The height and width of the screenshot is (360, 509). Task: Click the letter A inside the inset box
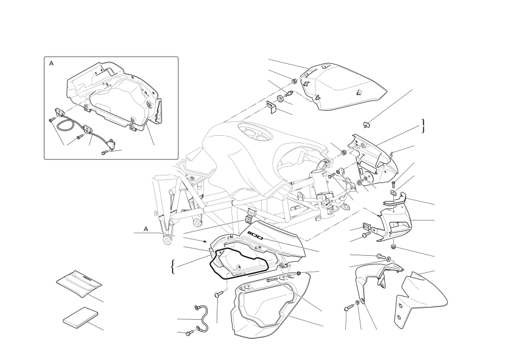(51, 63)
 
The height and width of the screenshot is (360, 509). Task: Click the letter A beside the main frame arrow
(146, 229)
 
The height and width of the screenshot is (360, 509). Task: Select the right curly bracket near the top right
(423, 126)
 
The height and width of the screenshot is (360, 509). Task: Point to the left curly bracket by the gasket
(173, 267)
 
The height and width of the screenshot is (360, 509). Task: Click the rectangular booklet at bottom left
(80, 316)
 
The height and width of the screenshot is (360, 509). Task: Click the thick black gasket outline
(239, 263)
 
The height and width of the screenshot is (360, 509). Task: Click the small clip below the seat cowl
(365, 124)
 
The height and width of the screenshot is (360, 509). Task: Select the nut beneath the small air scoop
(393, 247)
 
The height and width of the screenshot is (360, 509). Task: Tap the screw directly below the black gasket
(217, 294)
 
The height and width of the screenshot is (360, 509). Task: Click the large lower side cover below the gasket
(270, 304)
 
